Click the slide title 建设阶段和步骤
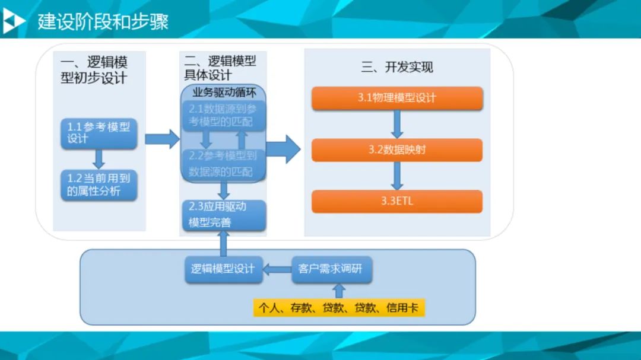(103, 22)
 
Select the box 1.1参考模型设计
(99, 133)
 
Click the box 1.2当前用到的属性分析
(99, 185)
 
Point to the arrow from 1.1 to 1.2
(99, 158)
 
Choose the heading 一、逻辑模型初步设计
(94, 69)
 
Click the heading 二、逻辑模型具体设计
(220, 67)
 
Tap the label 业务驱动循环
(223, 93)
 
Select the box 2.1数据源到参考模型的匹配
(223, 115)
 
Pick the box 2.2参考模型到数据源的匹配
(223, 164)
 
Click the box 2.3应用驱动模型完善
(223, 215)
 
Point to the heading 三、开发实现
(397, 67)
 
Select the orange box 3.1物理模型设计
(396, 98)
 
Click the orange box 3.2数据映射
(396, 150)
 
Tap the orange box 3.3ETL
(396, 201)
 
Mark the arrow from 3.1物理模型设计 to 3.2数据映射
(397, 124)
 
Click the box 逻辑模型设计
(223, 269)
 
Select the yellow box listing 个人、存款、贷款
(339, 308)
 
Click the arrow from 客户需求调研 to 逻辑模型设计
(277, 269)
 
